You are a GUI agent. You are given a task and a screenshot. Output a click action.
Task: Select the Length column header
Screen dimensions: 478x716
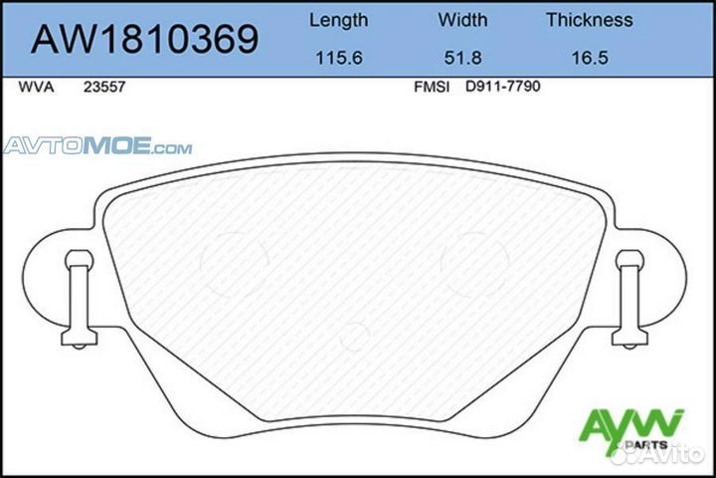pyautogui.click(x=338, y=20)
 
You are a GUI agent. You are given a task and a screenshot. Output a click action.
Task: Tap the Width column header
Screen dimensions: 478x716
pyautogui.click(x=462, y=20)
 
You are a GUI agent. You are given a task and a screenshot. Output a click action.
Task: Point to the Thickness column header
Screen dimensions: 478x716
pyautogui.click(x=589, y=20)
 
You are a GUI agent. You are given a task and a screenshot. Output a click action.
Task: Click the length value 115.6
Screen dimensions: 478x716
pyautogui.click(x=338, y=59)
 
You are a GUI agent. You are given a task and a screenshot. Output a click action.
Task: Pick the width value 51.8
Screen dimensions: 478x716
pyautogui.click(x=462, y=59)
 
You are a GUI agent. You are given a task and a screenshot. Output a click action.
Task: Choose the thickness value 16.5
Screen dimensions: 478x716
pyautogui.click(x=589, y=59)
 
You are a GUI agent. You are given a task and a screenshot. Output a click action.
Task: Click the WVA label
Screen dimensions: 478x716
pyautogui.click(x=35, y=88)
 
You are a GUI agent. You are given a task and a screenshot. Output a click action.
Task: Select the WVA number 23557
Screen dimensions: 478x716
pyautogui.click(x=104, y=88)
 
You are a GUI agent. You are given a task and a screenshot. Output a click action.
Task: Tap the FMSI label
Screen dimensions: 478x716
pyautogui.click(x=431, y=88)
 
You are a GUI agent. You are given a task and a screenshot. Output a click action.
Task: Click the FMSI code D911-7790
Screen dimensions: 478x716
pyautogui.click(x=502, y=88)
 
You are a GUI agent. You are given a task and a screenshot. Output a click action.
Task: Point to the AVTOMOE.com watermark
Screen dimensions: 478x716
pyautogui.click(x=97, y=148)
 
